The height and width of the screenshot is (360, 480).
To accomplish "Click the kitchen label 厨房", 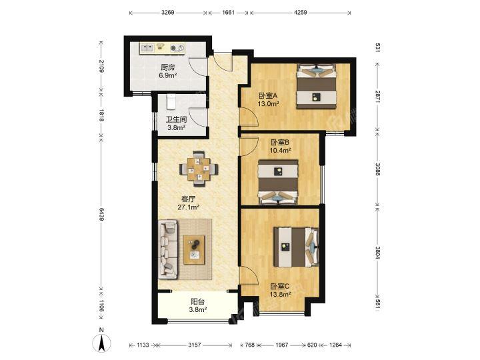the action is pos(167,67).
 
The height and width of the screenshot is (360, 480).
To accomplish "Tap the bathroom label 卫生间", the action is pos(176,119).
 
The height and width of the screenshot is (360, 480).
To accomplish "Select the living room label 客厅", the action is pos(188,199).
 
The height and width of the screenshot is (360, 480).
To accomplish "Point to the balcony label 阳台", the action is pos(197,301).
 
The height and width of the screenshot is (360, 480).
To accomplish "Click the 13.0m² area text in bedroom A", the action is pos(268,103).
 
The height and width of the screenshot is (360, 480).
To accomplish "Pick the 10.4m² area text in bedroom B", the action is pos(280,150).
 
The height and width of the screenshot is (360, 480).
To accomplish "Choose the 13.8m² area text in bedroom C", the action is pos(280,295).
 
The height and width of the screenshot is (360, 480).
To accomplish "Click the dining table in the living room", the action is pos(199,169).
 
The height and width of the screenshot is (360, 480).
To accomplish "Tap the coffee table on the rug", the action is pos(195,249).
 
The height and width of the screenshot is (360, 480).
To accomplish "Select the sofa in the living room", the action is pos(168,249).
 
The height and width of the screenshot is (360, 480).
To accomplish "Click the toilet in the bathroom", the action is pos(171,101).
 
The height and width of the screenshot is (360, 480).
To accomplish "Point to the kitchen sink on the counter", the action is pos(147,48).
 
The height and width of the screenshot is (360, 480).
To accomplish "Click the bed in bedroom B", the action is pos(278,181).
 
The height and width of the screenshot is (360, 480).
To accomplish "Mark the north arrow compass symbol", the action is pos(102,341).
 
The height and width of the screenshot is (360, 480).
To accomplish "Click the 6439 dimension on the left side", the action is pos(102,214).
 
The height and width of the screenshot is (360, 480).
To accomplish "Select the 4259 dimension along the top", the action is pos(300,13).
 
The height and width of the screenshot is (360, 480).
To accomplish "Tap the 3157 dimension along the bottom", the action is pos(195,345).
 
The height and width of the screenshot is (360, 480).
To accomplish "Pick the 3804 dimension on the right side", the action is pos(378,253).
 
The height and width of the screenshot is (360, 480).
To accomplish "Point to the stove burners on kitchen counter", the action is pos(177,48).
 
